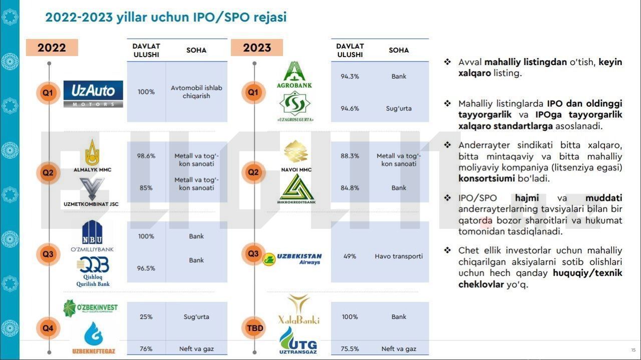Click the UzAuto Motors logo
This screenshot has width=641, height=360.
tap(93, 94)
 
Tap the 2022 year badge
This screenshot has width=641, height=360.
tap(52, 48)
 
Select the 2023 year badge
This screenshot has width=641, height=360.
tap(257, 48)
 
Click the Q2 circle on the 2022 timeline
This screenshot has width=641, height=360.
tap(48, 173)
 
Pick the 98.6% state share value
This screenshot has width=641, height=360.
tap(146, 156)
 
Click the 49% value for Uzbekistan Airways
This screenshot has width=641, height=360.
tap(350, 256)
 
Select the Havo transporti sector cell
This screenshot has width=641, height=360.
tap(399, 256)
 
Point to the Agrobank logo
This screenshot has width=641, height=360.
tap(294, 75)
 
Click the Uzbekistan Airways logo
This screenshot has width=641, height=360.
tap(292, 259)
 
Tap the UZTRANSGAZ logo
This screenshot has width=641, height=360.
tap(298, 340)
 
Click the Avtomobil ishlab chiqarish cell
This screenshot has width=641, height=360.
tap(196, 92)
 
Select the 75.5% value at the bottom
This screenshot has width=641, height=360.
tap(350, 349)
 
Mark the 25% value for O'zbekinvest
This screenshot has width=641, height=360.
tap(146, 317)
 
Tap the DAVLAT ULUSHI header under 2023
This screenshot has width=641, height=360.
tap(350, 51)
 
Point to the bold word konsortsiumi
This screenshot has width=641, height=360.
tap(486, 179)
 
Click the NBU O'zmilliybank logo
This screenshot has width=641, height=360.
tap(92, 236)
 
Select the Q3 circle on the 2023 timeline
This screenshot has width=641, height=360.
tap(253, 253)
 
